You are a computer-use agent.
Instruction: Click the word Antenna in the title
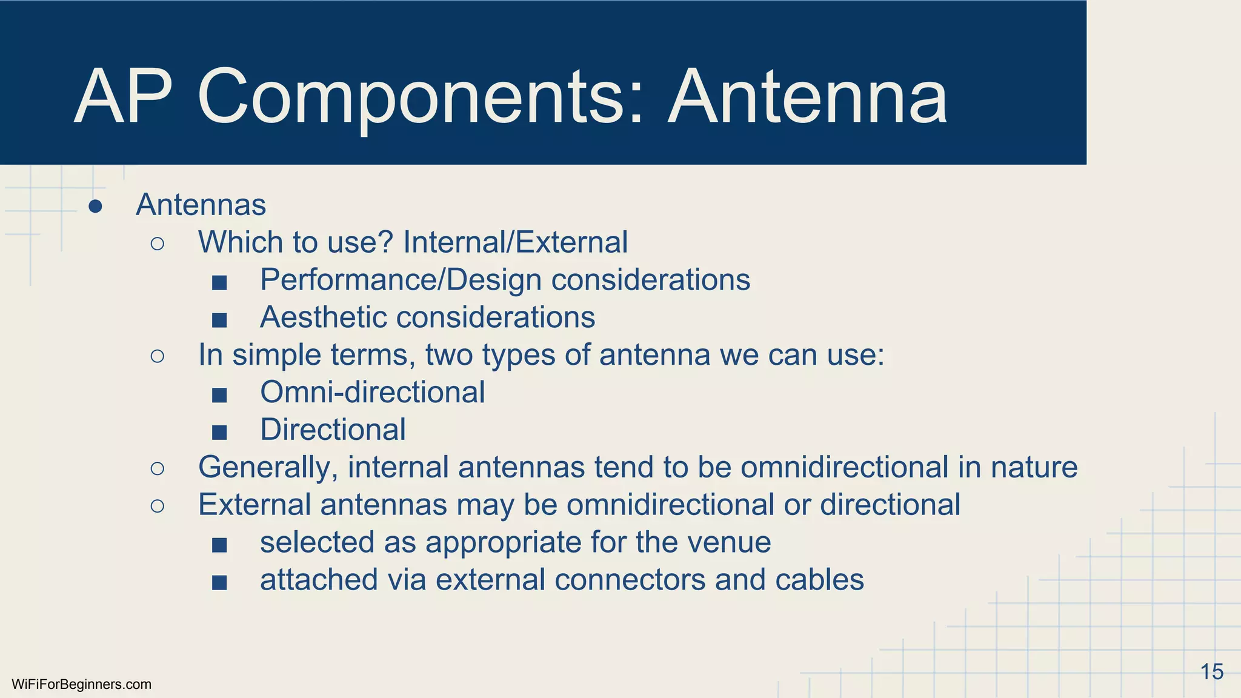(808, 97)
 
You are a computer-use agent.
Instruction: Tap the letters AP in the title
(124, 97)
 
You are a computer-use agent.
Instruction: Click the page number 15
(1211, 672)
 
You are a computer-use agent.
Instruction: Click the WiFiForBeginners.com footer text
(81, 685)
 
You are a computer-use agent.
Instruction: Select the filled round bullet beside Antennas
(95, 207)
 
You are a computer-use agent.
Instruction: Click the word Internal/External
(515, 242)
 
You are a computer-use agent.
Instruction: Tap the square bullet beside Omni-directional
(219, 396)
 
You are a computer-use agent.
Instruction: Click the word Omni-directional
(372, 393)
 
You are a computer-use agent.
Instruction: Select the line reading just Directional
(333, 430)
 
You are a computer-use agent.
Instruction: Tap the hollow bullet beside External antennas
(157, 506)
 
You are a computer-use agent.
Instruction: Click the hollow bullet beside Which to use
(157, 244)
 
